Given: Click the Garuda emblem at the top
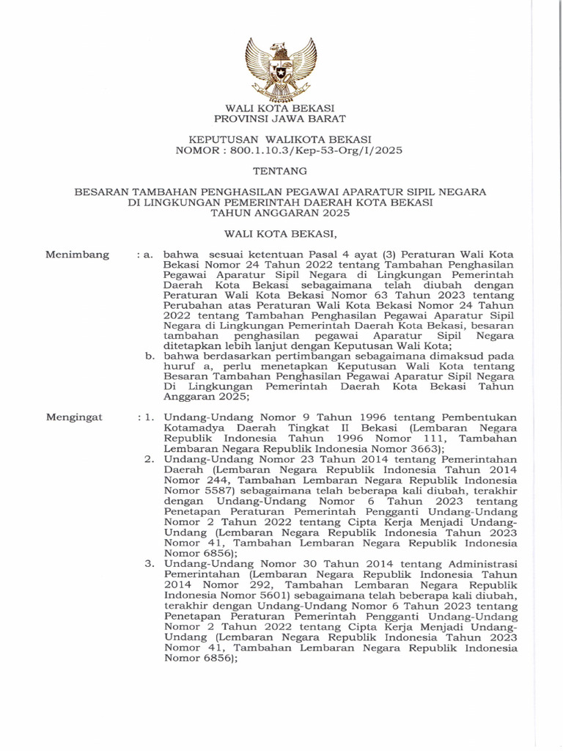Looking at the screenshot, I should (281, 69).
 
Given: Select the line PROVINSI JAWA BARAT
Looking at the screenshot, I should (280, 118).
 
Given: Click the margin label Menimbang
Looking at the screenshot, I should (78, 255).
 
